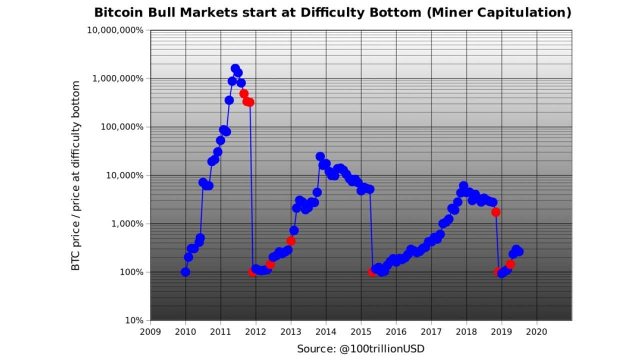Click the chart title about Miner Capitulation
[332, 12]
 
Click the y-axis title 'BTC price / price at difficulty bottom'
[75, 175]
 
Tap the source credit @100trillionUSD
[360, 348]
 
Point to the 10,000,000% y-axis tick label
[115, 30]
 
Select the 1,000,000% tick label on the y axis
[118, 78]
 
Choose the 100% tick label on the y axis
[130, 272]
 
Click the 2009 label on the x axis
[150, 331]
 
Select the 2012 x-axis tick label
[255, 331]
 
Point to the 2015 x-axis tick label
[361, 331]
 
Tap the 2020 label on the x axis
[536, 331]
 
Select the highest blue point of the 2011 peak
[235, 68]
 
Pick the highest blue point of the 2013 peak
[320, 156]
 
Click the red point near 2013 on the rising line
[291, 240]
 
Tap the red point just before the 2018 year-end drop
[495, 212]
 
